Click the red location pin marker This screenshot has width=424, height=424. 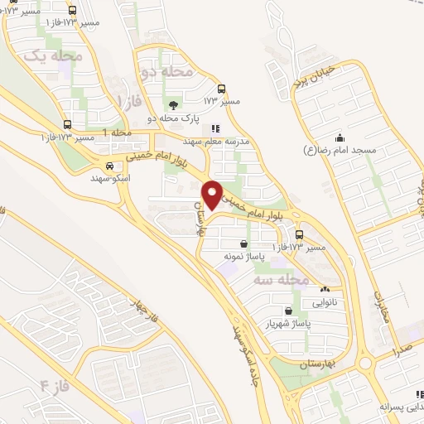[x=214, y=194]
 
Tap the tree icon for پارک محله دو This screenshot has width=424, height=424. [x=173, y=104]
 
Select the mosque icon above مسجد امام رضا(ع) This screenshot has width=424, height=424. [x=339, y=137]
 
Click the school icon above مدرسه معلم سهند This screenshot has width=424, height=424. [x=215, y=128]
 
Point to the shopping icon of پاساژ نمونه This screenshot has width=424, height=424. [x=243, y=244]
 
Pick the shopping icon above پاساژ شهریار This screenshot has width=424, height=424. [x=287, y=311]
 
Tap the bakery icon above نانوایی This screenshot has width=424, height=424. [x=325, y=290]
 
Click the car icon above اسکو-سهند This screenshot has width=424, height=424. [x=120, y=165]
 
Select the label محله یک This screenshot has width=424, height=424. [x=54, y=55]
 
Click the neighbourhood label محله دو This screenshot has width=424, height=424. [x=167, y=72]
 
